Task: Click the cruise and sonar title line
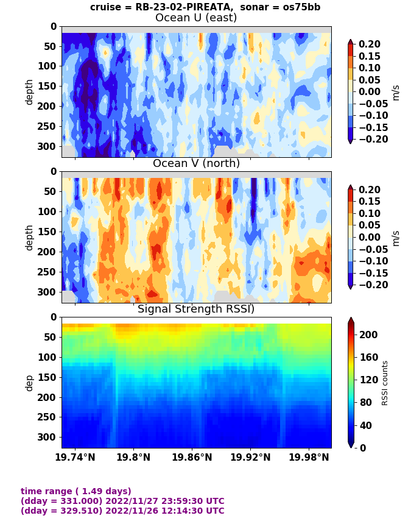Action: click(x=205, y=7)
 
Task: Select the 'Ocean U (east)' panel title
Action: click(x=196, y=18)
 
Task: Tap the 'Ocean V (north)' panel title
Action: click(x=196, y=163)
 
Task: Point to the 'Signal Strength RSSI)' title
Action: click(x=196, y=309)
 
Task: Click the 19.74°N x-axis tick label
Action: click(x=75, y=457)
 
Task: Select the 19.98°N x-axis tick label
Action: click(x=309, y=457)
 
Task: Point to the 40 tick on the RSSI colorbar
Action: click(x=365, y=425)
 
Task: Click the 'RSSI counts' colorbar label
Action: click(x=385, y=383)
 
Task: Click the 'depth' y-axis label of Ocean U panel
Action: click(x=29, y=91)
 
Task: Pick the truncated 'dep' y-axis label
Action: click(x=29, y=383)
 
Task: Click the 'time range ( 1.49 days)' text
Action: click(x=76, y=491)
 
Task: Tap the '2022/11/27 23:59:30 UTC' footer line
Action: click(x=122, y=501)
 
